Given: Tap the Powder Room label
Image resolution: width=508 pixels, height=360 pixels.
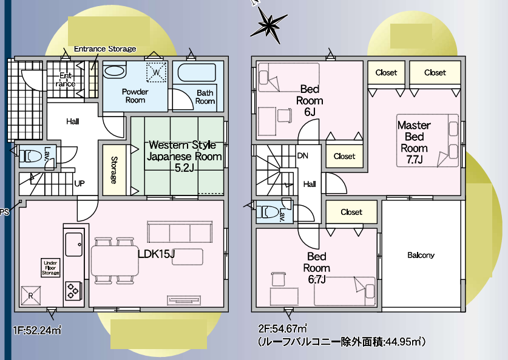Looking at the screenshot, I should [135, 96].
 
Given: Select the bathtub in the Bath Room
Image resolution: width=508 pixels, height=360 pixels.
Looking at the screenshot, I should [197, 74].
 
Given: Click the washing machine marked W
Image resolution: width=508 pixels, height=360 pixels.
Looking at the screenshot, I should [156, 72].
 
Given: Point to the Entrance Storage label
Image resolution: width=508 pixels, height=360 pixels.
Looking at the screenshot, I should [105, 49].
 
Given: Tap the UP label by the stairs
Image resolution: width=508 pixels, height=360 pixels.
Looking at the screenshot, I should [79, 183].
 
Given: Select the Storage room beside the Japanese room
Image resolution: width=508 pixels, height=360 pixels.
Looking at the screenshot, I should [114, 170].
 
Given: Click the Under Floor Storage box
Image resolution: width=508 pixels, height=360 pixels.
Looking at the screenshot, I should [50, 268].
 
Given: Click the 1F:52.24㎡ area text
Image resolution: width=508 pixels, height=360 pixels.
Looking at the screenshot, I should [36, 330].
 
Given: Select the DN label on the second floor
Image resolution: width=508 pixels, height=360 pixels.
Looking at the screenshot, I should [302, 155].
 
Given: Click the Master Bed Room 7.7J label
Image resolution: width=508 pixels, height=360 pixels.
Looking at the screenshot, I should [414, 142].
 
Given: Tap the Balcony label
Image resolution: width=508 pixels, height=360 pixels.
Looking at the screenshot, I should [421, 255].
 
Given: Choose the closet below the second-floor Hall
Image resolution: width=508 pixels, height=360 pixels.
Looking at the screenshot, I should [351, 212].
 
